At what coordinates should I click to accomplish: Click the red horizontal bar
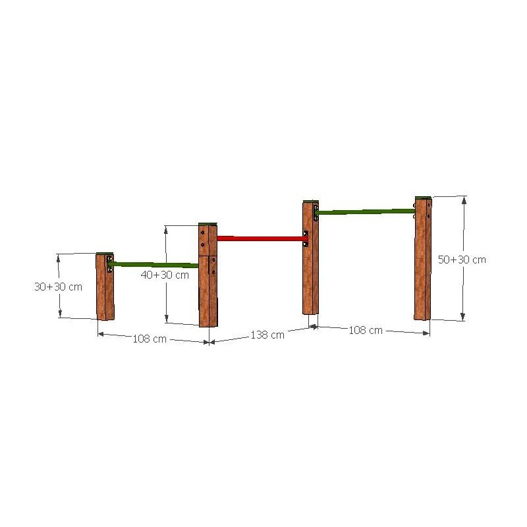pos(260,238)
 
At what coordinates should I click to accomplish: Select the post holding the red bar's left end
pos(208,277)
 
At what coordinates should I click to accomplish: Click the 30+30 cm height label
pos(58,287)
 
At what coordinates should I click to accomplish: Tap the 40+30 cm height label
pos(164,275)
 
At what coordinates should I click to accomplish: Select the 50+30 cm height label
pos(462,260)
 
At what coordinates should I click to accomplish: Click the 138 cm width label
pos(267,335)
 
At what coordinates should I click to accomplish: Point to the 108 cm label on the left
pos(150,339)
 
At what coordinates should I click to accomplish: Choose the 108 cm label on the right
pos(366,330)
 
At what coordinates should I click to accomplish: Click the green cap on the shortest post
pos(104,254)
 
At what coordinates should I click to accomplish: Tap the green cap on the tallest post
pos(423,197)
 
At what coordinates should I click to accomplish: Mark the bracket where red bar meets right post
pos(305,238)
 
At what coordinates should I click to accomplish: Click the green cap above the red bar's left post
pos(208,224)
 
